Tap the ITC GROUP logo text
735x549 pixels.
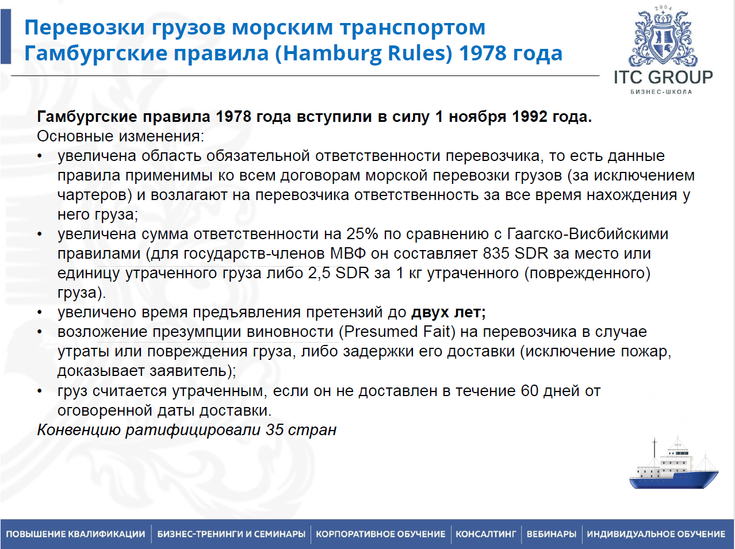(663, 77)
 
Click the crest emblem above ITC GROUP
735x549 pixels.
(663, 36)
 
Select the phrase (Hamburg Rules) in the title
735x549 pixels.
(363, 53)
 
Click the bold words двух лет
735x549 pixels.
(449, 313)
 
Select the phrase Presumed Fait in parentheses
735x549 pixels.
(397, 332)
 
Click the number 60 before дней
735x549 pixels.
(530, 391)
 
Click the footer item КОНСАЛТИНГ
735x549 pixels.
(486, 533)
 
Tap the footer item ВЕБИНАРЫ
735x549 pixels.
(552, 533)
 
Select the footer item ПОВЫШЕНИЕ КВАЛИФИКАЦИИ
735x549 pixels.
(76, 533)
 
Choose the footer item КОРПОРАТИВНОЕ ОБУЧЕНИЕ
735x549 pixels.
(381, 533)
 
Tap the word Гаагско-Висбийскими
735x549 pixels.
(588, 234)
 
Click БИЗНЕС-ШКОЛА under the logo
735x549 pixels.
(661, 91)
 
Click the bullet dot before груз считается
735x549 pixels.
(40, 391)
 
